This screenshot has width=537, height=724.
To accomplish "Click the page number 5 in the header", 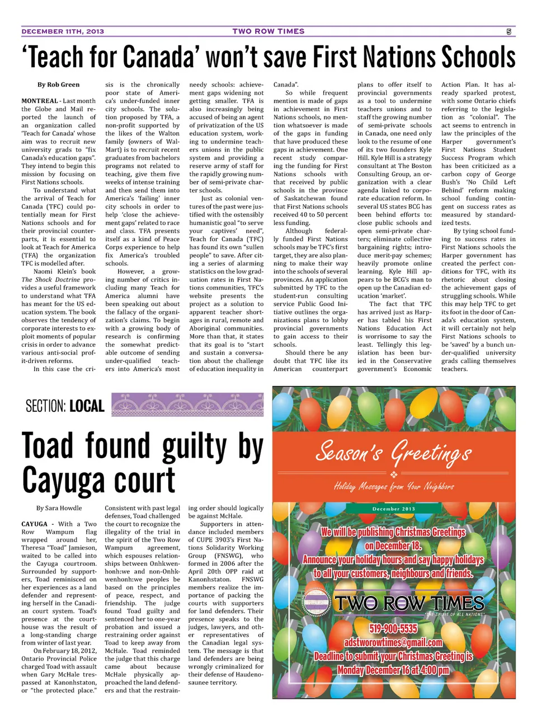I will point(508,32).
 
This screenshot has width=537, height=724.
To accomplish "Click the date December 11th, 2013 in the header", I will point(63,32).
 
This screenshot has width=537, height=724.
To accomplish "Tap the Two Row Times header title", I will point(268,32).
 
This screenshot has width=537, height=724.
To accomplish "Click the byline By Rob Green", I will point(58,84).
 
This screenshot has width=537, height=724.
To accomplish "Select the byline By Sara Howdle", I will point(59,508).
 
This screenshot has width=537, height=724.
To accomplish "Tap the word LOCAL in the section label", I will point(86,406).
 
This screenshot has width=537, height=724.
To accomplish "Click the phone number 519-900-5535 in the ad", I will point(393,629).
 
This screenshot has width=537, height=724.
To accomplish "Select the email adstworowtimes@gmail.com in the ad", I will point(393,642).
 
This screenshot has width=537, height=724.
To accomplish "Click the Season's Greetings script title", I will point(393,452).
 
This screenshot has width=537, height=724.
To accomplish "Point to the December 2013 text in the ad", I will point(394,509).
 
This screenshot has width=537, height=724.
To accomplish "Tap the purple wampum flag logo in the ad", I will point(317,603).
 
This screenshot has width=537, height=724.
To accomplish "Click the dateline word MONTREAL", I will point(40,101).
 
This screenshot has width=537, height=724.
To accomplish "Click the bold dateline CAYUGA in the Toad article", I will point(34,524).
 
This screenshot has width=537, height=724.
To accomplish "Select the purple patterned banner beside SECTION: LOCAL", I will point(187,405).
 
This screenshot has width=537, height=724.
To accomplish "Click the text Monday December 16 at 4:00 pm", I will point(393,670).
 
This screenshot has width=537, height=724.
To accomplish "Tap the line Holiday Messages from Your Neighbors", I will point(394,486).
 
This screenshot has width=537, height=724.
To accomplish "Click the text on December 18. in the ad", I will point(393,546).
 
